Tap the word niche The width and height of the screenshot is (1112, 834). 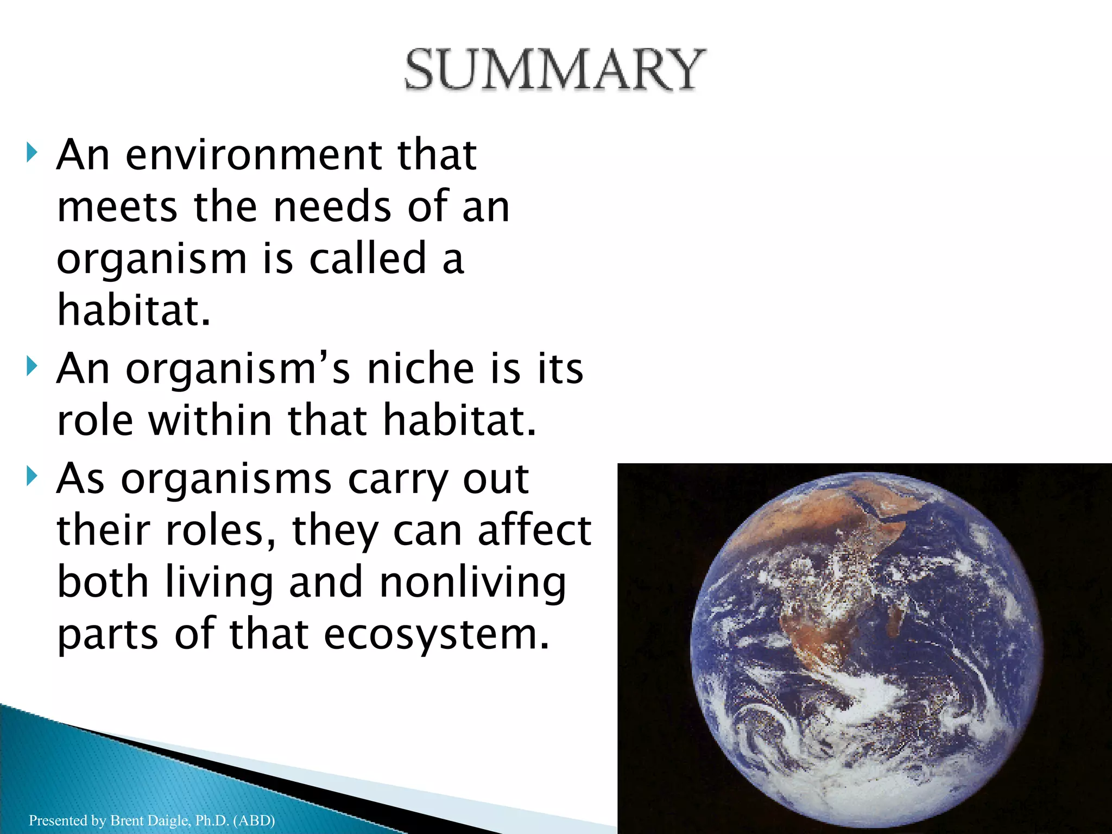421,369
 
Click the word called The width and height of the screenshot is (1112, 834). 368,259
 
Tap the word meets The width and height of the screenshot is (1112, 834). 117,207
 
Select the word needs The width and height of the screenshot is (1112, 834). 332,207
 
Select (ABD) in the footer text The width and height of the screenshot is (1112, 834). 254,820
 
